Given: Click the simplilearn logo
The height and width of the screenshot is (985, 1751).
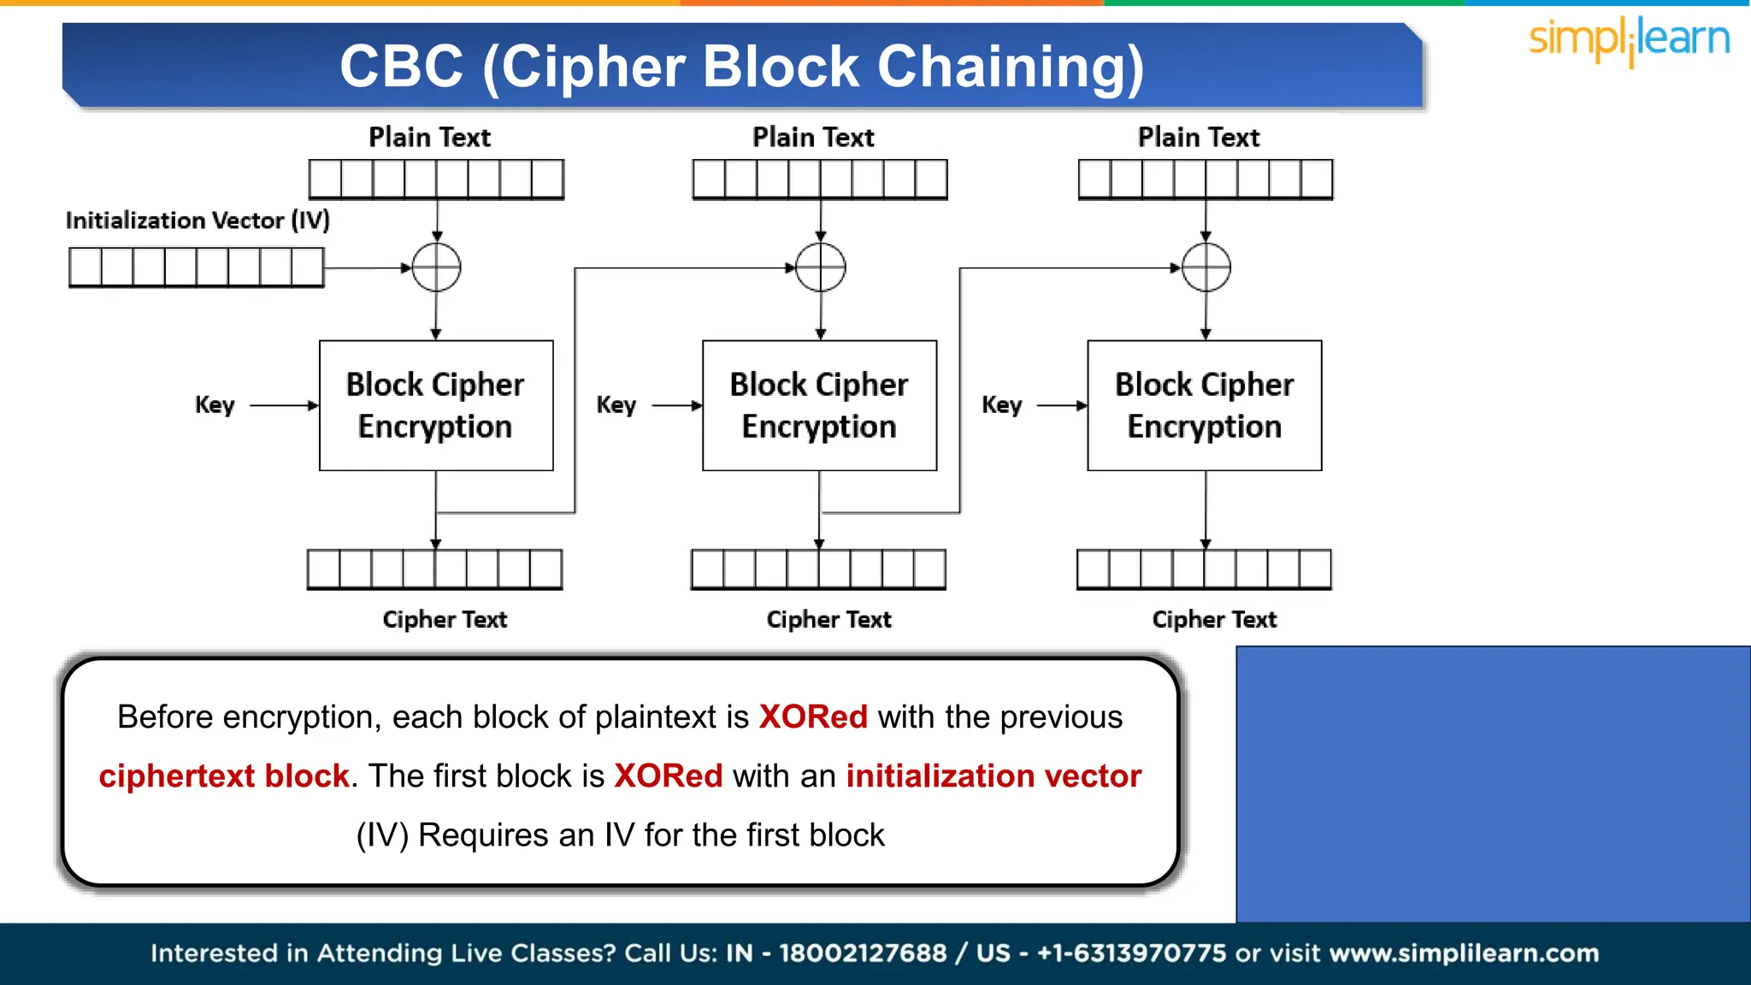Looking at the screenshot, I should (x=1629, y=41).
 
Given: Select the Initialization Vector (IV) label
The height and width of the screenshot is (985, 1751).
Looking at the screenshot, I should (x=198, y=221).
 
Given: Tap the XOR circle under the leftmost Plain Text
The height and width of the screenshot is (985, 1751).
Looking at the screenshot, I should (x=436, y=268).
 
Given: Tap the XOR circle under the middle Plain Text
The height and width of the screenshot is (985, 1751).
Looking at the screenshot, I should (x=820, y=268).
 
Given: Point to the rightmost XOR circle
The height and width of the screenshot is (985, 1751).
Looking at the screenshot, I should (x=1206, y=268).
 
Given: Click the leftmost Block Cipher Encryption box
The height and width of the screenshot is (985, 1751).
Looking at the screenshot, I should (x=436, y=405).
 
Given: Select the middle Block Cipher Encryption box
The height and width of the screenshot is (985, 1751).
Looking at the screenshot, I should (x=819, y=405).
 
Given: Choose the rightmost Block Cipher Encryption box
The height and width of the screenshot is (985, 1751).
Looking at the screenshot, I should (x=1204, y=405).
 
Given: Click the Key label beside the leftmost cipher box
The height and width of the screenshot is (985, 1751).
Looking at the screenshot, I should (x=215, y=405).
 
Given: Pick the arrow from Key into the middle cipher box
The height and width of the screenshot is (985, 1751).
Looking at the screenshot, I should (x=677, y=405).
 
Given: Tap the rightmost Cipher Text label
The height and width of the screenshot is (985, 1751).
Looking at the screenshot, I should (x=1214, y=619).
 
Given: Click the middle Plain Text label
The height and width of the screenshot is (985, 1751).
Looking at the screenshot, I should (x=813, y=138).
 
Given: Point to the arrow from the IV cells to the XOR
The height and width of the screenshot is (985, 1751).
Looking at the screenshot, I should (x=368, y=268).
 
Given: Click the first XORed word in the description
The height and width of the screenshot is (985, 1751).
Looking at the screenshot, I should (x=813, y=717).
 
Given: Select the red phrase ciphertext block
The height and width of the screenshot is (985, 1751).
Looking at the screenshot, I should (x=224, y=776).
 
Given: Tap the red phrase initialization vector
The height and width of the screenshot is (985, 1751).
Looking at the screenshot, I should (x=993, y=776).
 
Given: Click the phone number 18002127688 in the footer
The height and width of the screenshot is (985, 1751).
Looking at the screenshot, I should (x=863, y=953).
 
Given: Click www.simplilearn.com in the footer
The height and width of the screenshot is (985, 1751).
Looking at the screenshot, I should (x=1464, y=953).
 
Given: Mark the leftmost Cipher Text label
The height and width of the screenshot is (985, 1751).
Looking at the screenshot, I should (x=445, y=619).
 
